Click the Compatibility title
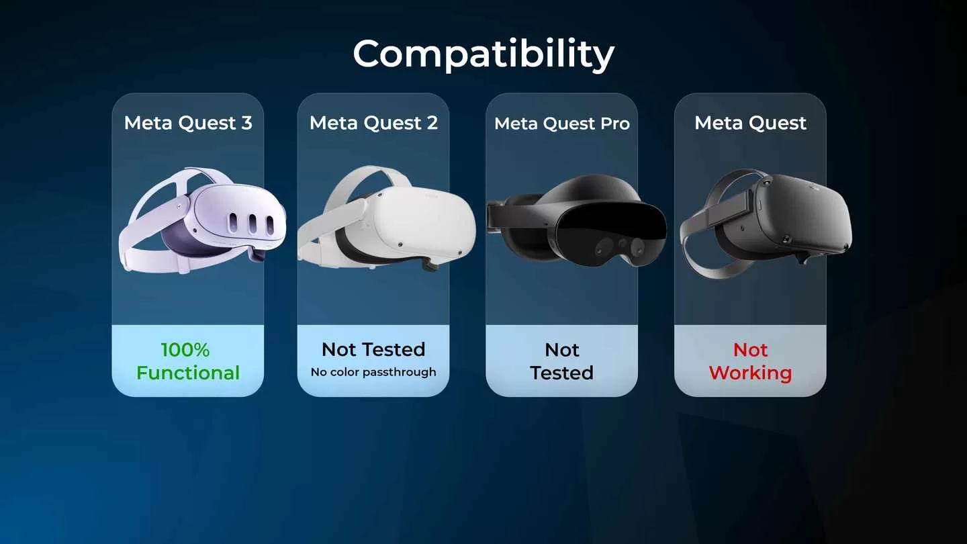[x=483, y=54]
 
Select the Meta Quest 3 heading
[x=188, y=123]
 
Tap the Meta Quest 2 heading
[x=373, y=123]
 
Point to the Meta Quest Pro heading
[x=562, y=124]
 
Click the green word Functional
[x=188, y=373]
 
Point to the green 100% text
[x=185, y=350]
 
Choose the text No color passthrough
[x=373, y=372]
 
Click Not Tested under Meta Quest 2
[x=373, y=349]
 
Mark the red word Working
[x=750, y=373]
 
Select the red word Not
[x=750, y=350]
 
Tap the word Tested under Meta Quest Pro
[x=561, y=373]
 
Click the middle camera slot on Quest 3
[x=252, y=224]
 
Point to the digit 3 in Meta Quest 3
[x=246, y=123]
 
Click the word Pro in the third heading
[x=614, y=124]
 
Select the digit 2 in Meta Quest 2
[x=431, y=123]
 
